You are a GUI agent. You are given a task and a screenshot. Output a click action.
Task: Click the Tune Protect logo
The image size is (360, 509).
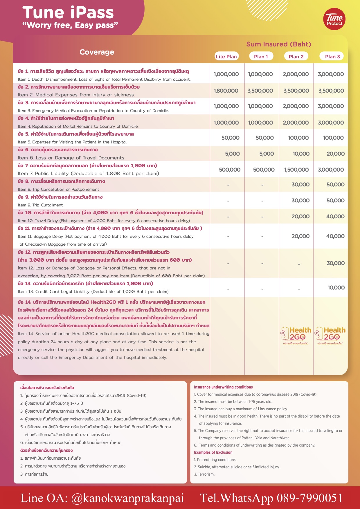click(334, 19)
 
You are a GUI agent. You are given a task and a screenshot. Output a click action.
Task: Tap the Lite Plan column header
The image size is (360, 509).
click(226, 57)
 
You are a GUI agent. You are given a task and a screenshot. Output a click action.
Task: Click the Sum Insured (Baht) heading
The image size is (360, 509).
click(278, 44)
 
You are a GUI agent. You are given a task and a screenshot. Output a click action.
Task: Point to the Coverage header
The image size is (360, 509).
click(97, 52)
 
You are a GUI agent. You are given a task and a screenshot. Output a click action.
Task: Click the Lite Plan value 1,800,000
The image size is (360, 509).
click(226, 91)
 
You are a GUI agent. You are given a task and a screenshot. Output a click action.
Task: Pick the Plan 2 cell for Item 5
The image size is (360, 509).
click(298, 138)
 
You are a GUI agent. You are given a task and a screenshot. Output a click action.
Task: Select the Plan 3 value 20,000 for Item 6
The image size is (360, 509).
click(335, 154)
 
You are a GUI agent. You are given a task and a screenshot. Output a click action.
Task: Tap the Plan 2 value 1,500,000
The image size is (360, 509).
click(296, 170)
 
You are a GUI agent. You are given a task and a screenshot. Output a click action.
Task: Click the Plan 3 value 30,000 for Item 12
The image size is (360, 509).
click(335, 263)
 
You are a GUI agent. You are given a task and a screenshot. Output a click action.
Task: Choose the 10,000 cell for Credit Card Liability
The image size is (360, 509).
click(336, 288)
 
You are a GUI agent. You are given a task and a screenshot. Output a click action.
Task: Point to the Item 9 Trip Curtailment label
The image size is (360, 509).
click(40, 205)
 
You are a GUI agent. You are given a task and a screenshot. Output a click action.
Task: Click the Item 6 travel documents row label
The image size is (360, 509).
click(71, 158)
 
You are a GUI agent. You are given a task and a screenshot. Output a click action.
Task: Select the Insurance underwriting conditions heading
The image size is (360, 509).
click(223, 387)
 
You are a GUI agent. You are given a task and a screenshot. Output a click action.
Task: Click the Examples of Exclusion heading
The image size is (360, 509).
click(213, 452)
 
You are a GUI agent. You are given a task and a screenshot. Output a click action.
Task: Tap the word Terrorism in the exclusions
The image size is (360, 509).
click(206, 474)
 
